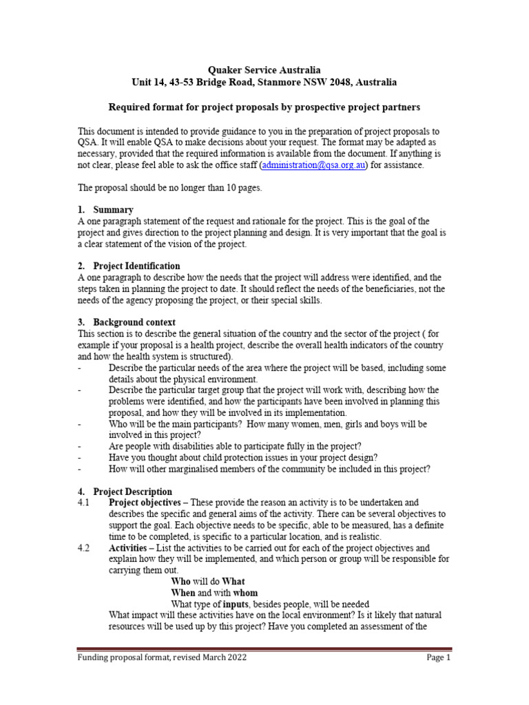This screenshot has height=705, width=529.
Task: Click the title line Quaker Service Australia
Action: [264, 70]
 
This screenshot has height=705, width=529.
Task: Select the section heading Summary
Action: [114, 209]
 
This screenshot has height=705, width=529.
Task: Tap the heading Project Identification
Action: [136, 266]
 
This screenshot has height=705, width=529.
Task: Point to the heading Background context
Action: [134, 322]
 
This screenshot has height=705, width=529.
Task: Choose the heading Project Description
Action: [133, 492]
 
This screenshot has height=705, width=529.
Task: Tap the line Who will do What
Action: [207, 582]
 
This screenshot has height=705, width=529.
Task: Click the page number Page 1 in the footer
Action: [438, 657]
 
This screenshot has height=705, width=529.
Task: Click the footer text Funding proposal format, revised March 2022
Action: [161, 657]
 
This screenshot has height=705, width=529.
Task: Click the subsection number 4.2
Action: [84, 548]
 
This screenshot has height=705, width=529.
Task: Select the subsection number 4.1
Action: [84, 503]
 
